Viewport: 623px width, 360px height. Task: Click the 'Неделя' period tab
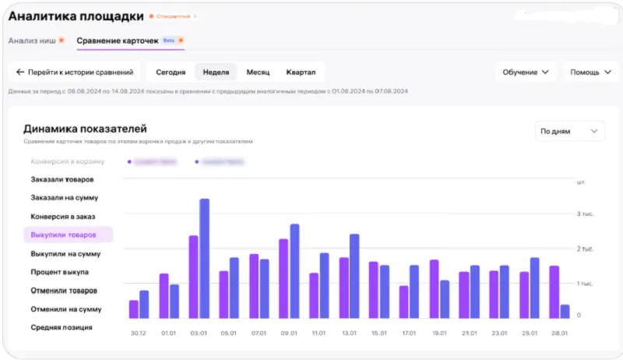(216, 72)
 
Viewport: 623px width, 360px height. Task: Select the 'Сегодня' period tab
(171, 72)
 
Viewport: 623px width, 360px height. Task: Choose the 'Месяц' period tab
(258, 72)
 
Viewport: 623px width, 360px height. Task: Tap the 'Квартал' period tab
(301, 72)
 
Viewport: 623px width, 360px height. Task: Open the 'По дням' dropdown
(570, 132)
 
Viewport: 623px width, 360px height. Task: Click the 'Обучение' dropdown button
(526, 72)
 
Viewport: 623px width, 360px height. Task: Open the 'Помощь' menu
(591, 72)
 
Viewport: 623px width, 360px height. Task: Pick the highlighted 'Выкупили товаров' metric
(64, 235)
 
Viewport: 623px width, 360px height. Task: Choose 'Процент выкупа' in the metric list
(60, 272)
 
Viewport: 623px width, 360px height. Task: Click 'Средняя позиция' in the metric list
(62, 327)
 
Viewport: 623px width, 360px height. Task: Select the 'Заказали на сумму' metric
(65, 198)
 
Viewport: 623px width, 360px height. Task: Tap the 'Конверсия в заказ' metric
(63, 217)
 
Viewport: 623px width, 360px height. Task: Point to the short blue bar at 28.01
(565, 311)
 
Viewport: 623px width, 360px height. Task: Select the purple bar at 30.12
(134, 309)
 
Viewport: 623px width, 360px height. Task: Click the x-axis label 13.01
(349, 333)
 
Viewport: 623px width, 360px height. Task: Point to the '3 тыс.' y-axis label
(585, 214)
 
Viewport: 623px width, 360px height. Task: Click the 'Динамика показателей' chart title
(85, 129)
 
